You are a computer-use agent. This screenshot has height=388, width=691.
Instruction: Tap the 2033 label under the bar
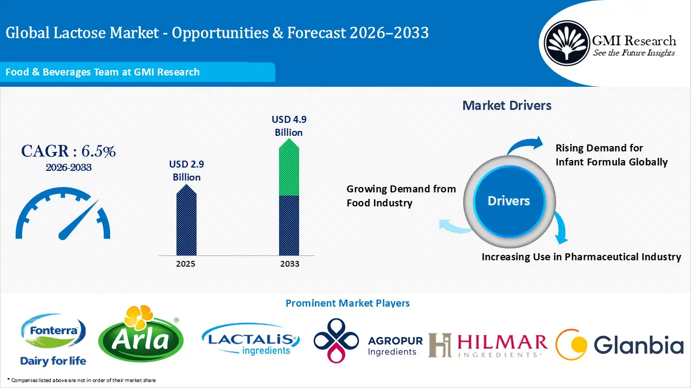pyautogui.click(x=290, y=264)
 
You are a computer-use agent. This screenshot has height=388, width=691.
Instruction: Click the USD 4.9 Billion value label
pyautogui.click(x=289, y=126)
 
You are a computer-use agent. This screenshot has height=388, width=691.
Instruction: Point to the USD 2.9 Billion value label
pyautogui.click(x=187, y=170)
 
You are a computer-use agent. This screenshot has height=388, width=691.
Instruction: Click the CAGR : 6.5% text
pyautogui.click(x=69, y=151)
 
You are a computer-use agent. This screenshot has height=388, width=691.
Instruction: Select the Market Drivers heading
pyautogui.click(x=506, y=106)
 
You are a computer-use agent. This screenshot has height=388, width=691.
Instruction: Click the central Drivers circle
pyautogui.click(x=509, y=201)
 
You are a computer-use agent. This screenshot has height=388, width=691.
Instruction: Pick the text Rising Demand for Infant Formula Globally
pyautogui.click(x=611, y=155)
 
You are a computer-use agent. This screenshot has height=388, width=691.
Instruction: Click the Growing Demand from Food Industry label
pyautogui.click(x=401, y=196)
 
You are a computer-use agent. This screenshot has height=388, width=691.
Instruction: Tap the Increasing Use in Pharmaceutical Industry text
pyautogui.click(x=581, y=257)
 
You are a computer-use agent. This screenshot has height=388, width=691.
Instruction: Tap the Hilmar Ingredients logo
pyautogui.click(x=487, y=345)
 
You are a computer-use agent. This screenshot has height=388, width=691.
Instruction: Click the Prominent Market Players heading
pyautogui.click(x=347, y=303)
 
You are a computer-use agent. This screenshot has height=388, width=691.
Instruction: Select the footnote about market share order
pyautogui.click(x=81, y=380)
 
